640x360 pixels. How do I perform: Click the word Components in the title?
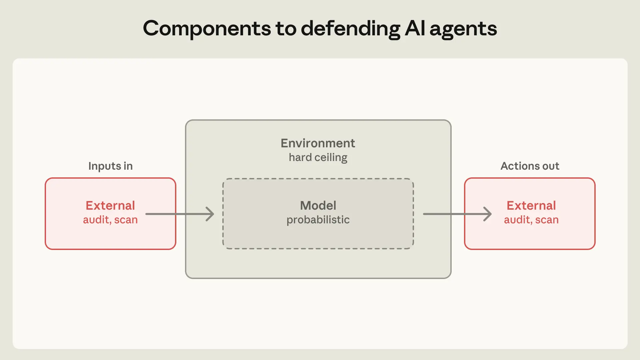207,29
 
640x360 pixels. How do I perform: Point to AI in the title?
415,28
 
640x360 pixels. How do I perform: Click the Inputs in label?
110,166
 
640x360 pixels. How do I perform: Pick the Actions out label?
530,166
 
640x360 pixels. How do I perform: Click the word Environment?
318,143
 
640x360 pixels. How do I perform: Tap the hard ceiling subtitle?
318,157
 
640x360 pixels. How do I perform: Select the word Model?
318,205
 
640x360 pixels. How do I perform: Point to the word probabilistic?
318,220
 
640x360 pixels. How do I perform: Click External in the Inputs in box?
110,205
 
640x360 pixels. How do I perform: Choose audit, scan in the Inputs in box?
110,220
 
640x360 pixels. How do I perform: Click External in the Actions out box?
531,205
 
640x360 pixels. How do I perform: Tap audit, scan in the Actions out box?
531,220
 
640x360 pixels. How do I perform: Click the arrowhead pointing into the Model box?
210,214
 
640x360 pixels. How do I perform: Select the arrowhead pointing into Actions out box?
488,214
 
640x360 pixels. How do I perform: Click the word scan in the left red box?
126,220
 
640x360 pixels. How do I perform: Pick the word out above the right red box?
550,166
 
